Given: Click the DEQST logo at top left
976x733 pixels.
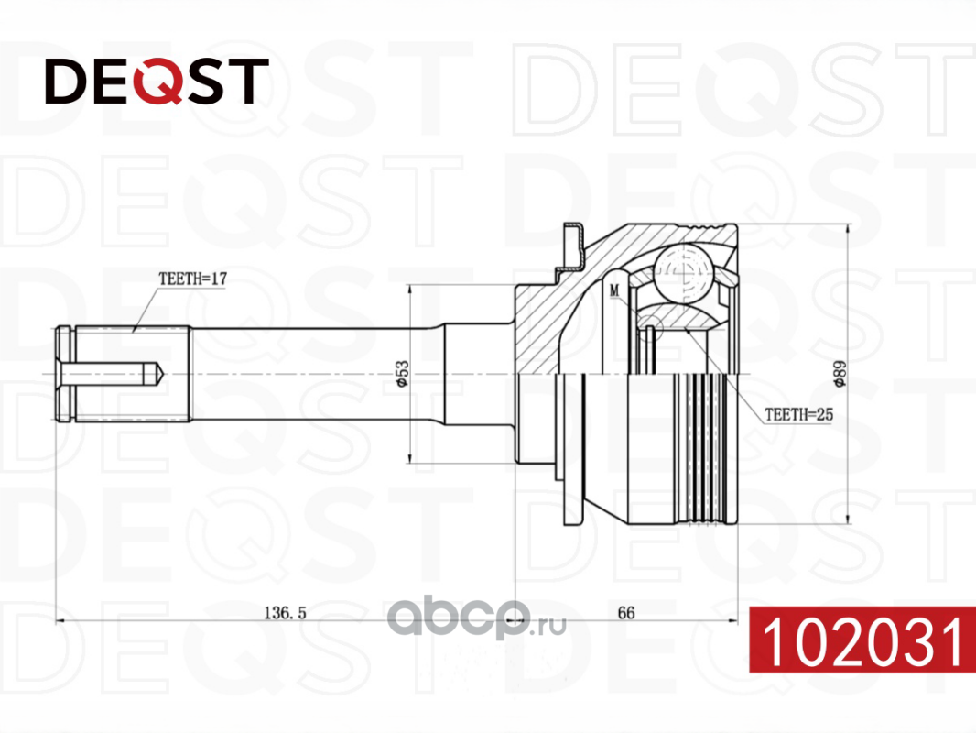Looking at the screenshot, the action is (157, 81).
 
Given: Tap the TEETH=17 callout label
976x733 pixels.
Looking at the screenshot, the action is (193, 279).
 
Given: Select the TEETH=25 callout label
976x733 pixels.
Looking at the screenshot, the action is (798, 414).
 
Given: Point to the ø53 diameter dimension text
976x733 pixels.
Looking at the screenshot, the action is (403, 374).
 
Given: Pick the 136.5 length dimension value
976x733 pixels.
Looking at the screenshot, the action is (285, 613).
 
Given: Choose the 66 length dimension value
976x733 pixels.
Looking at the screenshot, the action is (626, 613).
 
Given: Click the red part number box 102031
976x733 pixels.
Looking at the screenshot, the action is (862, 639).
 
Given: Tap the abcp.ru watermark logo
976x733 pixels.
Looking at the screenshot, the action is (476, 617).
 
